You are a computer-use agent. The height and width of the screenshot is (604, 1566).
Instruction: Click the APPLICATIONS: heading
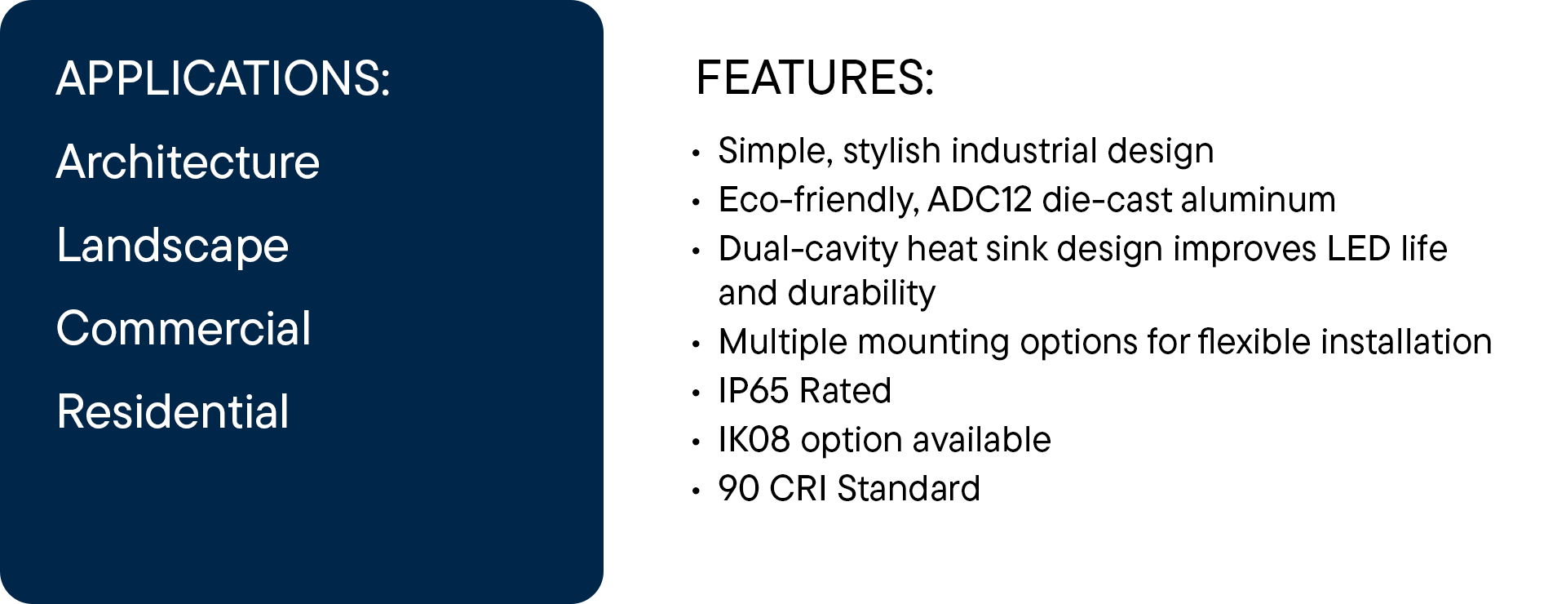(x=223, y=78)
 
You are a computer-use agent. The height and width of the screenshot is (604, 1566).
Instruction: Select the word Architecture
(x=188, y=162)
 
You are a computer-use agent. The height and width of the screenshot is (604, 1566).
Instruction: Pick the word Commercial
(x=184, y=328)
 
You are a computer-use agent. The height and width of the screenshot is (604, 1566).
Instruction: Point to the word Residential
(x=173, y=411)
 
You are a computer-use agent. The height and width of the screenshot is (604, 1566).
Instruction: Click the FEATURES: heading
(x=815, y=78)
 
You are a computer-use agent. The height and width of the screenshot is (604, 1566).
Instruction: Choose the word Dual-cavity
(x=807, y=250)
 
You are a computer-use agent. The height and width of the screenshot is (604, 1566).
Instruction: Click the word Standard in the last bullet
(x=909, y=489)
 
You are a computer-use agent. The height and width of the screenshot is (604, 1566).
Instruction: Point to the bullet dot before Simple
(x=696, y=153)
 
